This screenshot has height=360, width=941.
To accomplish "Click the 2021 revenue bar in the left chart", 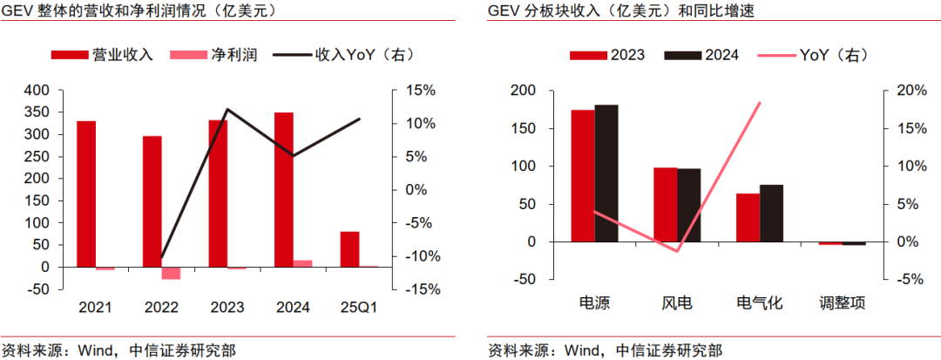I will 86,194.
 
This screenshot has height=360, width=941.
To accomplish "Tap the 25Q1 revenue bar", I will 349,249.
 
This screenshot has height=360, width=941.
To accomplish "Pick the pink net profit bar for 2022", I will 171,273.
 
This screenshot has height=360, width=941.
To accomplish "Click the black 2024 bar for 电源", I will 606,173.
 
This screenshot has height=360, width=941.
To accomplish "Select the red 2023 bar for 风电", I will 665,204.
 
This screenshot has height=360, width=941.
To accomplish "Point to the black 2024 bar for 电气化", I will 771,213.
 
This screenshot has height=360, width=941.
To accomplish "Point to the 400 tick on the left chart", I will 37,90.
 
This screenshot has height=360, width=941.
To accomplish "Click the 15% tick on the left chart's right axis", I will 420,90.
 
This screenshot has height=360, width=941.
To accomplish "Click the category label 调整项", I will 842,304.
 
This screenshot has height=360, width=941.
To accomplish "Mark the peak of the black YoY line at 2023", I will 227,110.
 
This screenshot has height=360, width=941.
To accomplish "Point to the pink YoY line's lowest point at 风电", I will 677,251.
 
